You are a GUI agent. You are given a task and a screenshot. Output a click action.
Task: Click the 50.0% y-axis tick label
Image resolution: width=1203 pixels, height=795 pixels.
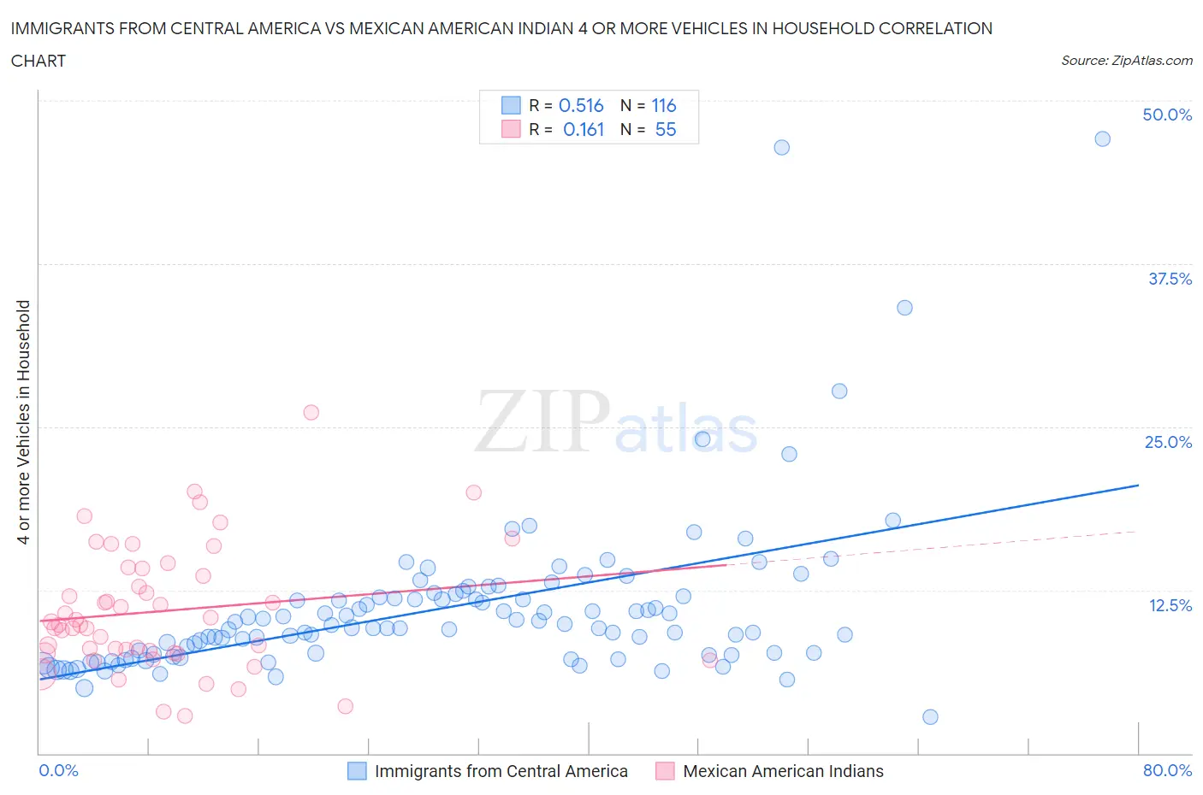click(1167, 115)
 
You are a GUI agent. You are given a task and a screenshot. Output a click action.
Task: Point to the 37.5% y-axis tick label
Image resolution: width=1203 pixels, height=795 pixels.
click(1170, 279)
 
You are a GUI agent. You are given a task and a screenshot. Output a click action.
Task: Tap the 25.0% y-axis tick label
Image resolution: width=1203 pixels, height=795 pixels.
click(1168, 442)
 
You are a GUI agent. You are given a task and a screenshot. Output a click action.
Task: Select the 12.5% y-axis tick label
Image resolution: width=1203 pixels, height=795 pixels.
click(1170, 605)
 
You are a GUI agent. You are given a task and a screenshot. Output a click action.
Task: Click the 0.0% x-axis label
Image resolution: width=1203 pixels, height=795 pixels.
click(58, 770)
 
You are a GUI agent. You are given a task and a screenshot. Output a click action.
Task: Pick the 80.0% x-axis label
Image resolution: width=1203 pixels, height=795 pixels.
click(1167, 770)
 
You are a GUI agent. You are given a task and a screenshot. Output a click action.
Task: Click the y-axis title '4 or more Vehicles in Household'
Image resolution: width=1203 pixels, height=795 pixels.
click(24, 421)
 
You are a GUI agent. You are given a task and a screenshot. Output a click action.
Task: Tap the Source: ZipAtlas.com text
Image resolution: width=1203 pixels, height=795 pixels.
click(1126, 60)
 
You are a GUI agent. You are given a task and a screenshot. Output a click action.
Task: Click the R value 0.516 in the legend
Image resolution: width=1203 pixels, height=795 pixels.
click(581, 105)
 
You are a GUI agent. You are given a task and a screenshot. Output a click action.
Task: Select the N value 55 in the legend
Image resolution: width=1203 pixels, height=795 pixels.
click(665, 129)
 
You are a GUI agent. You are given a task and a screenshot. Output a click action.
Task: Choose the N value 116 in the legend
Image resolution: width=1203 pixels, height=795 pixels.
click(663, 105)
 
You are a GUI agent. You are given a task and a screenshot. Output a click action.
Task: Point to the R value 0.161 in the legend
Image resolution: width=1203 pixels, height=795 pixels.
click(583, 129)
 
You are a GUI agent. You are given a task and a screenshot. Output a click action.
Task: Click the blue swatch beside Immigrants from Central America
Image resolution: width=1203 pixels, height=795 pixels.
click(357, 771)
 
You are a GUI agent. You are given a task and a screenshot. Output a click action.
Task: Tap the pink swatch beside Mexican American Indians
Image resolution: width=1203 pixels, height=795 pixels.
click(665, 771)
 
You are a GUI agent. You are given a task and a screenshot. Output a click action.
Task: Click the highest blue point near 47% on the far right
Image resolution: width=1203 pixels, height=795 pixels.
click(1102, 138)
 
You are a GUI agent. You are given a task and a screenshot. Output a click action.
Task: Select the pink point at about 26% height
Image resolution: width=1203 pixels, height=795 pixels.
click(311, 412)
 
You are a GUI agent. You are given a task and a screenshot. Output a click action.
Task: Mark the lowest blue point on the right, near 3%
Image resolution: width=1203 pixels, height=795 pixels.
click(930, 716)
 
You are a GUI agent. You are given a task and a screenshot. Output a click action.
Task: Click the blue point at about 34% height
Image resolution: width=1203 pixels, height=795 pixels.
click(904, 308)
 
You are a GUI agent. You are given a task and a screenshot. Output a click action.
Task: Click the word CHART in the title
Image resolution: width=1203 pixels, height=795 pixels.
click(39, 61)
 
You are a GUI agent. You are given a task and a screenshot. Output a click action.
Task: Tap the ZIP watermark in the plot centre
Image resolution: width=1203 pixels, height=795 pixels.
click(542, 421)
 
